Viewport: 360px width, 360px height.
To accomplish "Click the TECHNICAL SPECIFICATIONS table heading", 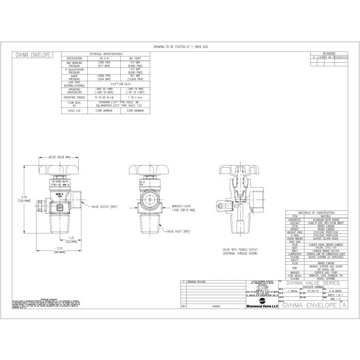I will click(x=106, y=53).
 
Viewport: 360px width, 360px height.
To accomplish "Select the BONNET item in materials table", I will click(x=295, y=228).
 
